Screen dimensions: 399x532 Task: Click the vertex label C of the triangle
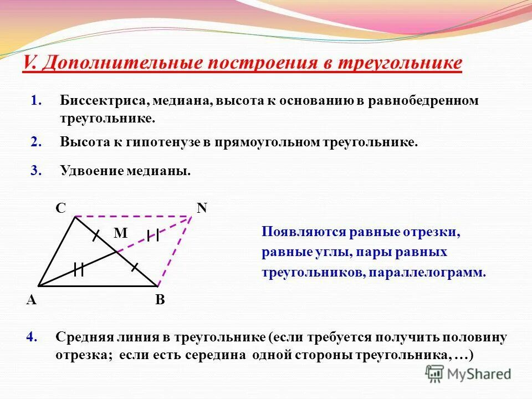(60, 208)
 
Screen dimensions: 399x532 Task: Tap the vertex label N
(202, 208)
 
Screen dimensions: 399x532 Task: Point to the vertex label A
(31, 300)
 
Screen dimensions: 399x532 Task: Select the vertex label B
(160, 300)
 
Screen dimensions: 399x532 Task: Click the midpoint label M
(120, 234)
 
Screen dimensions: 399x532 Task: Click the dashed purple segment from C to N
(133, 216)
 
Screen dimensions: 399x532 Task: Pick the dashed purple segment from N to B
(174, 250)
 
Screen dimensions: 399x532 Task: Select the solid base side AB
(97, 286)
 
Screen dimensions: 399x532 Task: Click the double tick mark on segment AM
(79, 270)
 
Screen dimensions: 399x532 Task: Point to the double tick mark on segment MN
(153, 235)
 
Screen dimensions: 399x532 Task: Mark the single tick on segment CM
(96, 235)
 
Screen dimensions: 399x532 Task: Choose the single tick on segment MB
(134, 267)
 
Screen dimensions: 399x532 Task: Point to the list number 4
(32, 337)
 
